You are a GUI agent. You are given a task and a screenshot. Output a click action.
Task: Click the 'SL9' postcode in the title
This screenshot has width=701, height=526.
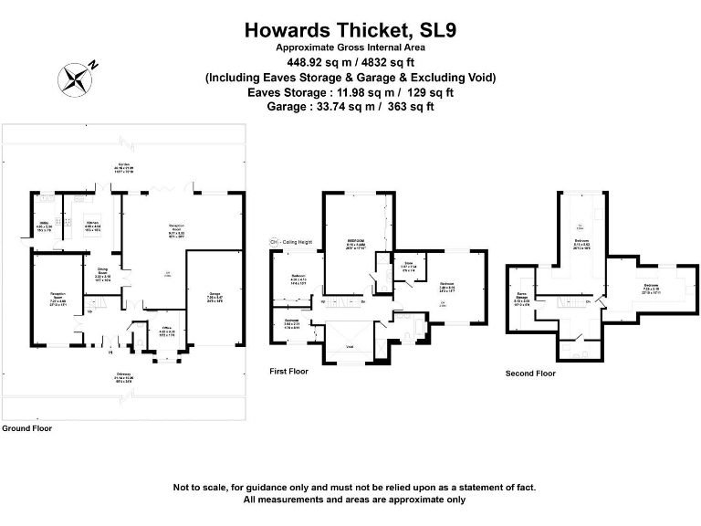(430, 31)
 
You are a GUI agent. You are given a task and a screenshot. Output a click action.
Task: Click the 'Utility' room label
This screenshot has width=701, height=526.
(42, 223)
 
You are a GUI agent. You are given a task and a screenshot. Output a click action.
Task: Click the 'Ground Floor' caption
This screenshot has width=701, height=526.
(26, 427)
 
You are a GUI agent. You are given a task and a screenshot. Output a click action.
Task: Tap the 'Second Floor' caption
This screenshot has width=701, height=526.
(530, 373)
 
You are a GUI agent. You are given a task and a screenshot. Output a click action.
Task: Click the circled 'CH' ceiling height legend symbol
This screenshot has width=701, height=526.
(273, 241)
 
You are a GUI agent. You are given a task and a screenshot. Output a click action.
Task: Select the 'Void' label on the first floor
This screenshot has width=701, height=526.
(350, 347)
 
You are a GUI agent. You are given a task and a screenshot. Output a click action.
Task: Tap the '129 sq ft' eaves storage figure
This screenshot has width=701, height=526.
(427, 92)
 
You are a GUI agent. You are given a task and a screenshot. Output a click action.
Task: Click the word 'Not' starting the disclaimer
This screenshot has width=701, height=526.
(181, 487)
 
